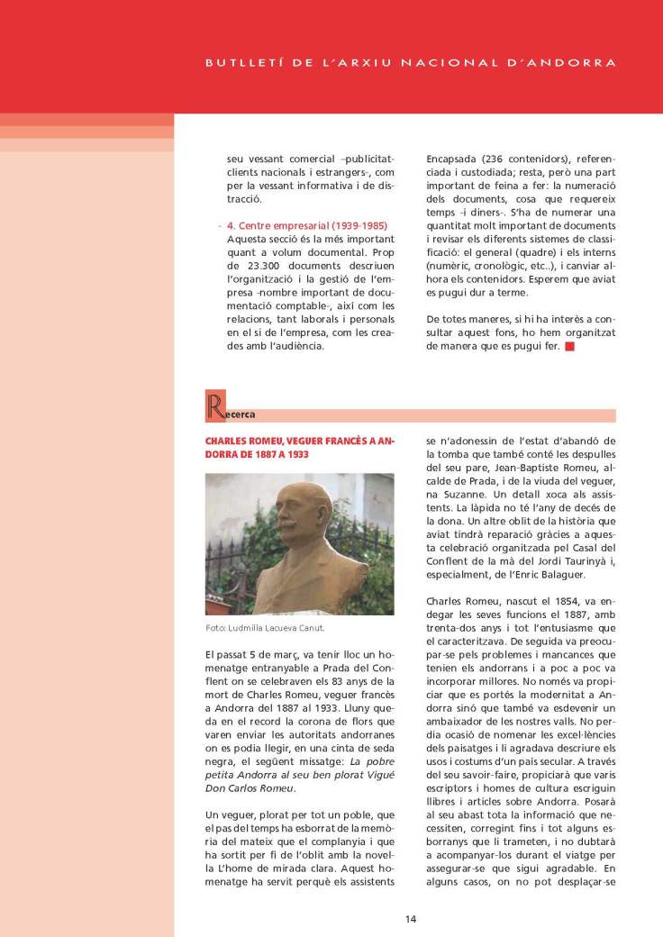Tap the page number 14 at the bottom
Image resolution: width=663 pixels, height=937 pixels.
[x=410, y=919]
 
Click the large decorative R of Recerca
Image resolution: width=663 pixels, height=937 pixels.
[x=214, y=407]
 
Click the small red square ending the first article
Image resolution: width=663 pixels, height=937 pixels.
[x=569, y=346]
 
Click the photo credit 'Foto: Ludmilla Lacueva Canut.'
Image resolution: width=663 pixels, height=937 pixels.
[x=265, y=628]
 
